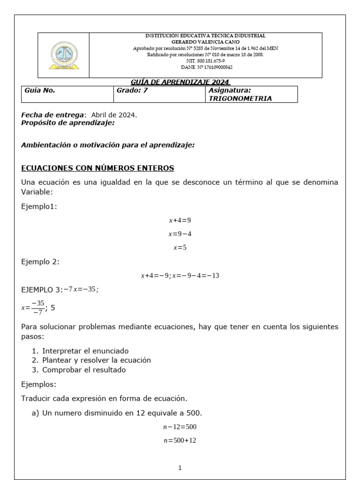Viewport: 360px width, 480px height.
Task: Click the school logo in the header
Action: (64, 55)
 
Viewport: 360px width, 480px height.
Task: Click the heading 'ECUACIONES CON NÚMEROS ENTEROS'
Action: (97, 168)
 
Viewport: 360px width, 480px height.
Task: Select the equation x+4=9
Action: (180, 220)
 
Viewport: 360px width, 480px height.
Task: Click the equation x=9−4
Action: (180, 233)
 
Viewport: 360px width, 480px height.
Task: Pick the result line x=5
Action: (180, 247)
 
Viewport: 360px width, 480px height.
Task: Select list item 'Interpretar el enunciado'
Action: (85, 351)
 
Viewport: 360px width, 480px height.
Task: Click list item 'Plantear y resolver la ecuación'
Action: (97, 360)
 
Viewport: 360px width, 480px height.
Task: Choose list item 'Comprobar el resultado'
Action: (84, 369)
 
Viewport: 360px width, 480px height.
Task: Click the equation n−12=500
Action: (180, 427)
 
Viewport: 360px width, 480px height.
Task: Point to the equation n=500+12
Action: (180, 442)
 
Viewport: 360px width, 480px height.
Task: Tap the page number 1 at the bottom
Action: (180, 468)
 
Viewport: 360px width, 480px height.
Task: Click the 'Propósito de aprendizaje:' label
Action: (68, 123)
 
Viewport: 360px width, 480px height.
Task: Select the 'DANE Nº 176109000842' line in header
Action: (206, 67)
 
